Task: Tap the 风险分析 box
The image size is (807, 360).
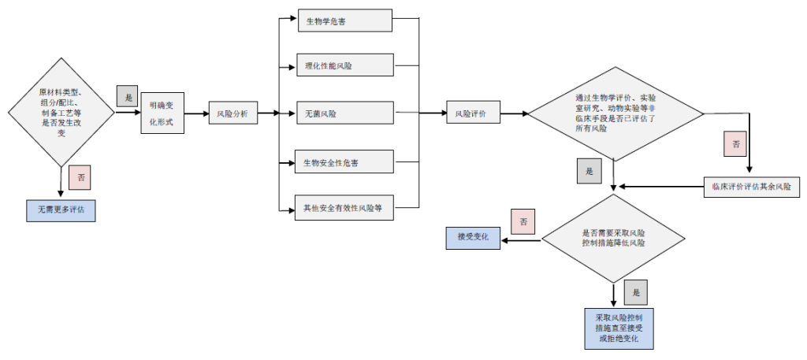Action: click(x=232, y=113)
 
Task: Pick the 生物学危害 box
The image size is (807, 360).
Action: click(x=344, y=21)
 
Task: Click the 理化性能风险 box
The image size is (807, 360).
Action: click(x=344, y=66)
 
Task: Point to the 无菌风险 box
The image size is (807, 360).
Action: click(x=344, y=113)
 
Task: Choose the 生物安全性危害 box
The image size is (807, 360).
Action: click(x=344, y=163)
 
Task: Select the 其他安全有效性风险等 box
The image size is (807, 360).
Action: click(x=344, y=208)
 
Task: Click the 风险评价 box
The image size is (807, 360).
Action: click(x=472, y=113)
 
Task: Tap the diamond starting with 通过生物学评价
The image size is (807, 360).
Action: click(x=615, y=113)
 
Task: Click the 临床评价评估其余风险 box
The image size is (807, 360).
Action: click(x=751, y=187)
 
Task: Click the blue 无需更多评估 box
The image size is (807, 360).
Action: click(x=61, y=210)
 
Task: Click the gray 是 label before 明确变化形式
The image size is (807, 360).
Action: click(x=127, y=96)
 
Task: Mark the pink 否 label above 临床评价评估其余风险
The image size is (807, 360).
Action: click(x=736, y=145)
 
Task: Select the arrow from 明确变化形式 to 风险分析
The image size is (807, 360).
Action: click(x=196, y=113)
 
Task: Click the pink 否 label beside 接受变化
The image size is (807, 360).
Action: click(x=523, y=221)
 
